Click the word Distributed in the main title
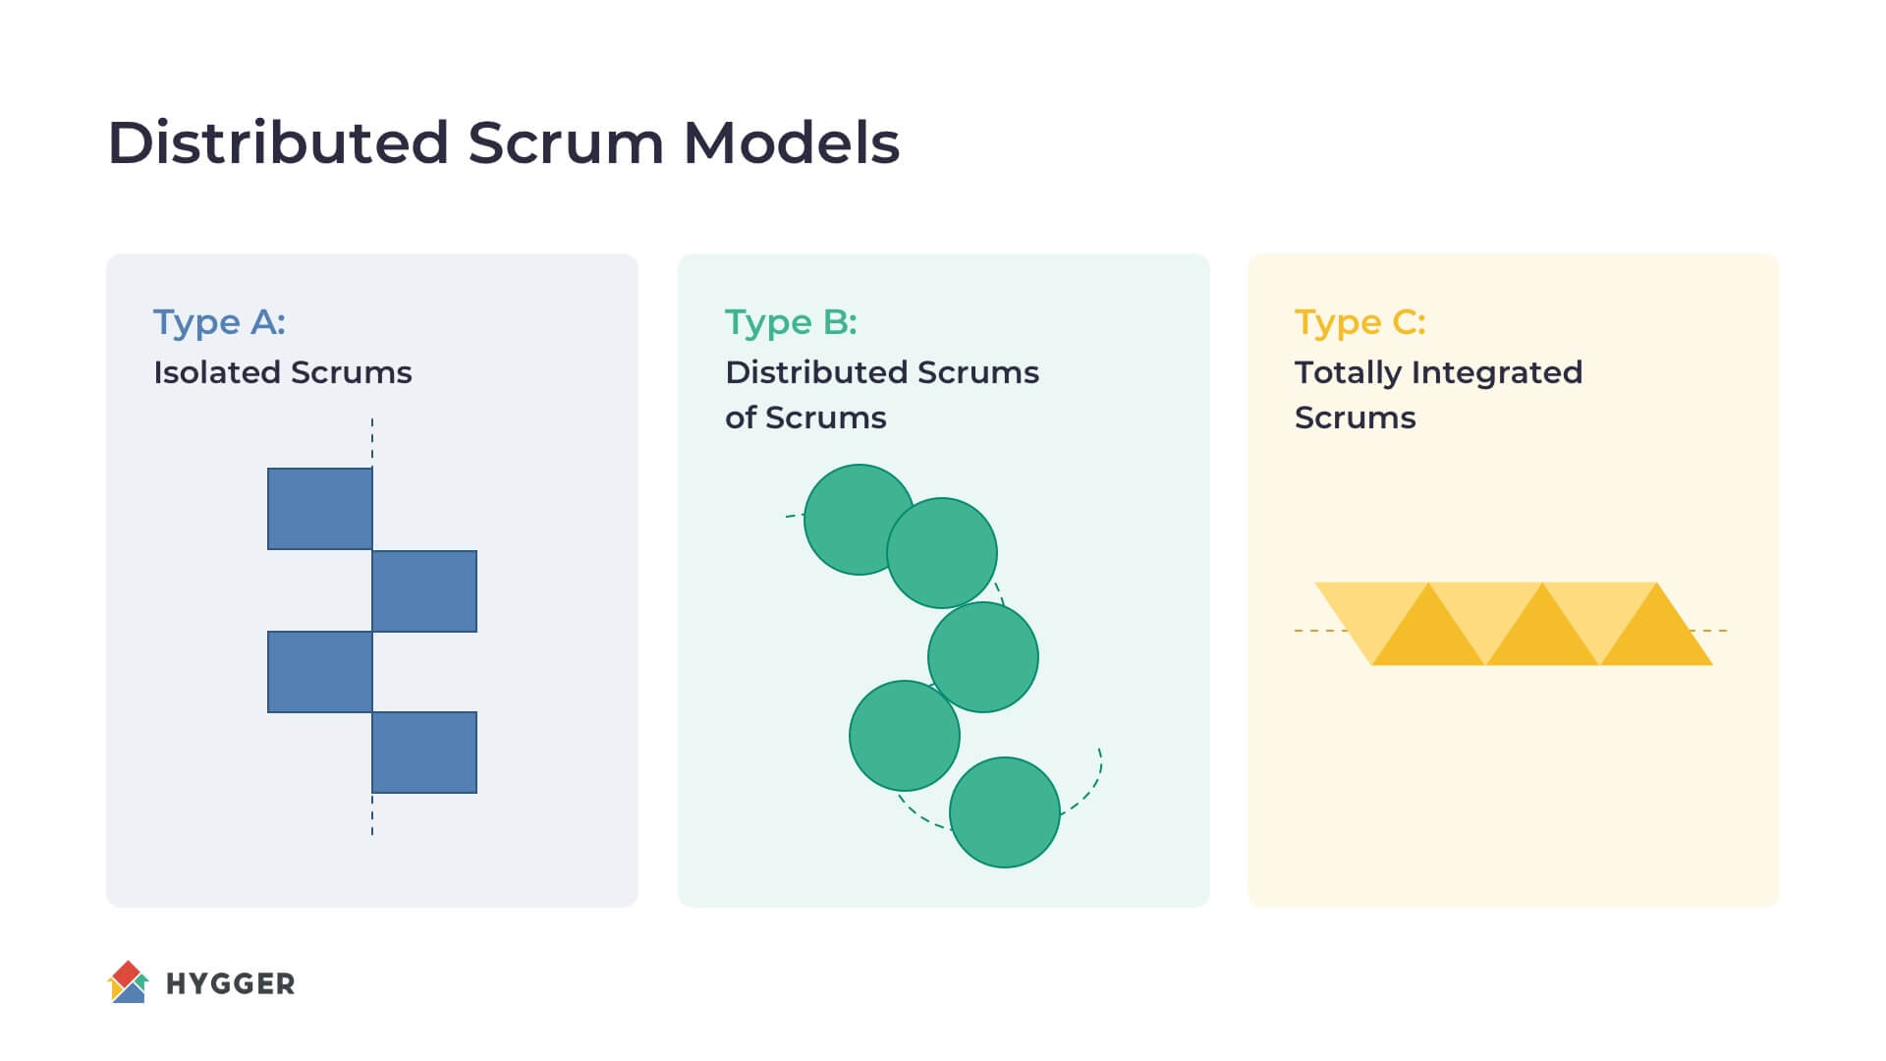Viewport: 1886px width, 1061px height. (x=278, y=142)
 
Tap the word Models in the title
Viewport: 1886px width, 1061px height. (x=791, y=142)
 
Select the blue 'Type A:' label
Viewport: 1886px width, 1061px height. (x=219, y=323)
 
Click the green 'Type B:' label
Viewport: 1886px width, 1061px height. (x=791, y=323)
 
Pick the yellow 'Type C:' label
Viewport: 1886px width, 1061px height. (x=1360, y=323)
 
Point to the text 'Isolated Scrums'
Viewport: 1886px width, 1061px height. (x=283, y=372)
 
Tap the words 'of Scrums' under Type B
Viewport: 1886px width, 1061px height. (x=805, y=418)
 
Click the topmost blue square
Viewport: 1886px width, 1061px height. (x=320, y=509)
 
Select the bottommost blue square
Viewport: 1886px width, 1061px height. (x=424, y=753)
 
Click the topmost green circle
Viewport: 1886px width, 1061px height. (x=860, y=520)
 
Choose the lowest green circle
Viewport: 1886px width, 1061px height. (x=1005, y=812)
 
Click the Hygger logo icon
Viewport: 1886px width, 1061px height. (x=128, y=981)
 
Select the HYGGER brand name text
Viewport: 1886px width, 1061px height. (x=231, y=983)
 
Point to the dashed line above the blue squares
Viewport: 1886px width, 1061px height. (x=372, y=442)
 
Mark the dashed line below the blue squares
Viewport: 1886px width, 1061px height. (x=372, y=814)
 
